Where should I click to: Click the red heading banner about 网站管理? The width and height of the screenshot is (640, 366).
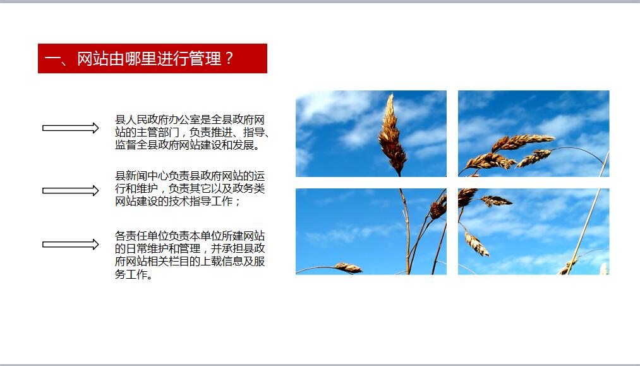click(152, 58)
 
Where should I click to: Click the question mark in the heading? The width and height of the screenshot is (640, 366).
click(229, 58)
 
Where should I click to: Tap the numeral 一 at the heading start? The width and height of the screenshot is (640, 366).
click(52, 58)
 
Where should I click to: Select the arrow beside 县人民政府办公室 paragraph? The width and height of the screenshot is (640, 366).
click(71, 128)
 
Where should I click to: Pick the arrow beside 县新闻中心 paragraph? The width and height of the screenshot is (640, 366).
click(71, 191)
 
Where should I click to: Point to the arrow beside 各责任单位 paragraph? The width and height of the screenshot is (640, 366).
click(71, 244)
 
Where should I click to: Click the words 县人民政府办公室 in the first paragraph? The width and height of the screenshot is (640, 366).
click(157, 119)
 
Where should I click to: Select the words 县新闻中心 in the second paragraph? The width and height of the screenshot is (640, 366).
click(142, 176)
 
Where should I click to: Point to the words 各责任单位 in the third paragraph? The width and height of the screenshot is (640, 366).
click(142, 236)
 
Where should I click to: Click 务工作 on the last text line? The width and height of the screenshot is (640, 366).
click(131, 274)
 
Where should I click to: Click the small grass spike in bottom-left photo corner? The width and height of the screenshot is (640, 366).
click(348, 267)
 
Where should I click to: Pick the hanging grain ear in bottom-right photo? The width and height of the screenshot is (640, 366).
click(476, 243)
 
